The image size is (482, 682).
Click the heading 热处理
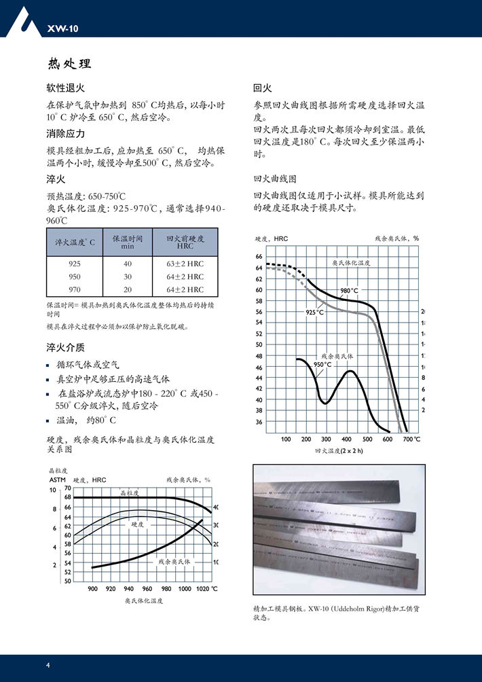tap(69, 64)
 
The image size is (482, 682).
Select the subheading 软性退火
tap(65, 88)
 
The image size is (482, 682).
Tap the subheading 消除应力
tap(66, 134)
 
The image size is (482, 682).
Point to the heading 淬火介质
tap(66, 347)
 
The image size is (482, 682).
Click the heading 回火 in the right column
tap(263, 88)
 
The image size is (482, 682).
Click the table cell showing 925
tap(75, 264)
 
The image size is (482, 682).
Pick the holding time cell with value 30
tap(128, 276)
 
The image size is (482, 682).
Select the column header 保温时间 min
tap(128, 242)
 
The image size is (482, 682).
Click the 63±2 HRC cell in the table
tap(185, 264)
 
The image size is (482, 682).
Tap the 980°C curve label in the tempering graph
tap(350, 291)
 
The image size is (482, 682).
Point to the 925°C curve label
tap(314, 312)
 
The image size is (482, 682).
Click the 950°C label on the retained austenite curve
tap(322, 365)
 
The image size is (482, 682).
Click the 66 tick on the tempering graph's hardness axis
tap(259, 257)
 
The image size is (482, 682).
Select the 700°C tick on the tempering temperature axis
tap(411, 439)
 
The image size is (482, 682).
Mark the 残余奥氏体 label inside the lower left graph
tap(175, 562)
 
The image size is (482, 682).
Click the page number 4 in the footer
tap(48, 664)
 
